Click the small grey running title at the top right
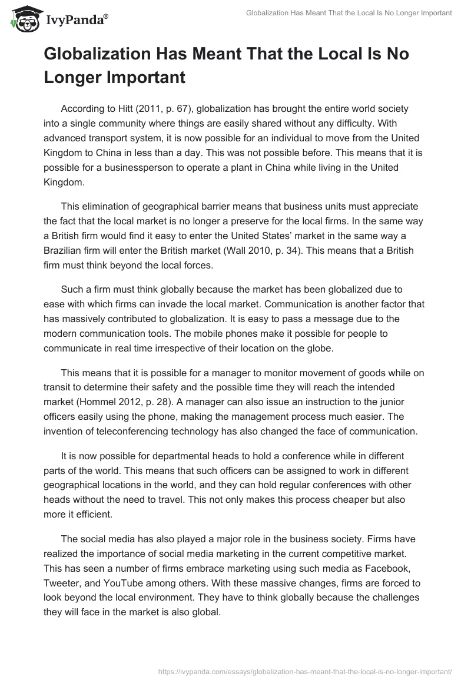coord(349,14)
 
